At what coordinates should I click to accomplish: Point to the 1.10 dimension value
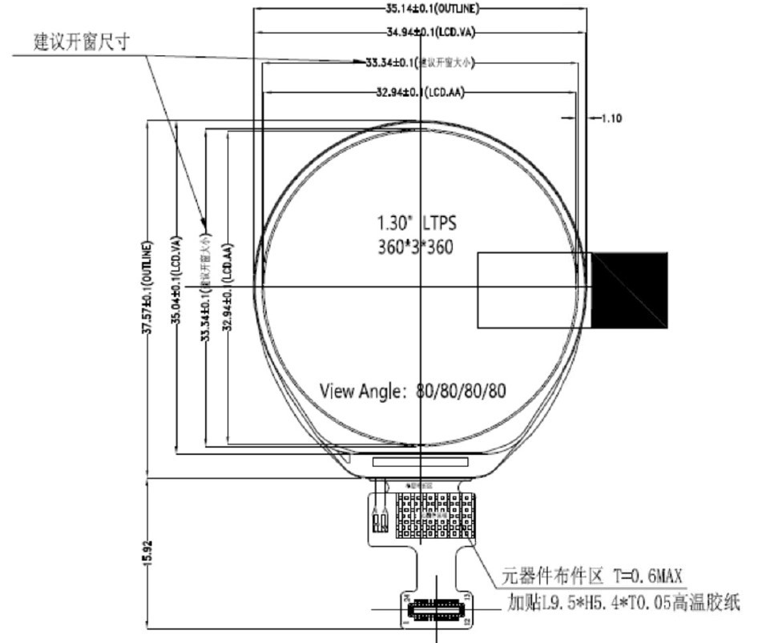tap(611, 118)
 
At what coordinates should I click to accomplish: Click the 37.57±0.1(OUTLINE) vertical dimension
tap(147, 288)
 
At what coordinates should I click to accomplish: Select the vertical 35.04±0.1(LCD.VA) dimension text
tap(176, 288)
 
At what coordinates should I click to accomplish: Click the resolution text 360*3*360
tap(415, 247)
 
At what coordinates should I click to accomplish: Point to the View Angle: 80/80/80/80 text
tap(413, 391)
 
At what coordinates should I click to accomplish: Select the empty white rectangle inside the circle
tap(532, 290)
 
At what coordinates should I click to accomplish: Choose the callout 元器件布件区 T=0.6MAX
tap(593, 575)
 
